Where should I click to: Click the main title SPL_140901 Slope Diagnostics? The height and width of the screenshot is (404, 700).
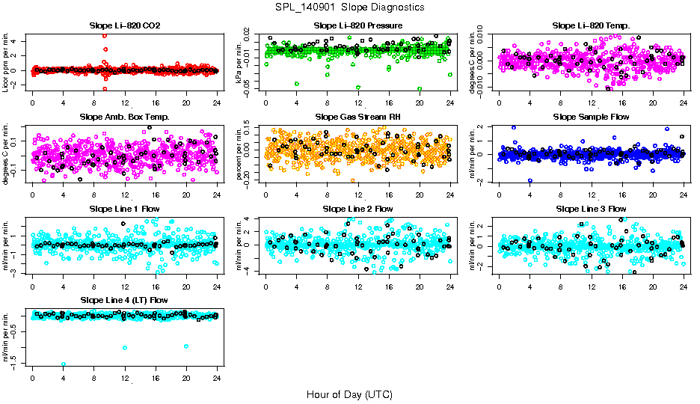coord(350,7)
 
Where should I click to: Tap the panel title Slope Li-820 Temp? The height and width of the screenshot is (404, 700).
coord(591,26)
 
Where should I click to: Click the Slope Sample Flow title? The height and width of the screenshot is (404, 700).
coord(591,117)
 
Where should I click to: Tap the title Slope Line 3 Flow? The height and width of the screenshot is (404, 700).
coord(591,209)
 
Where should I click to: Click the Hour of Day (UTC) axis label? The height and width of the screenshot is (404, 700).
coord(350,394)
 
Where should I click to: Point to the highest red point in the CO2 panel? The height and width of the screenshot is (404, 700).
coord(105,36)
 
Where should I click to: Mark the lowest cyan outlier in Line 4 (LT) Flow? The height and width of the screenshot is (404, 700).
coord(64,364)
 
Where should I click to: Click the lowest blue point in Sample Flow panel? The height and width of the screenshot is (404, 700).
coord(530,180)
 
